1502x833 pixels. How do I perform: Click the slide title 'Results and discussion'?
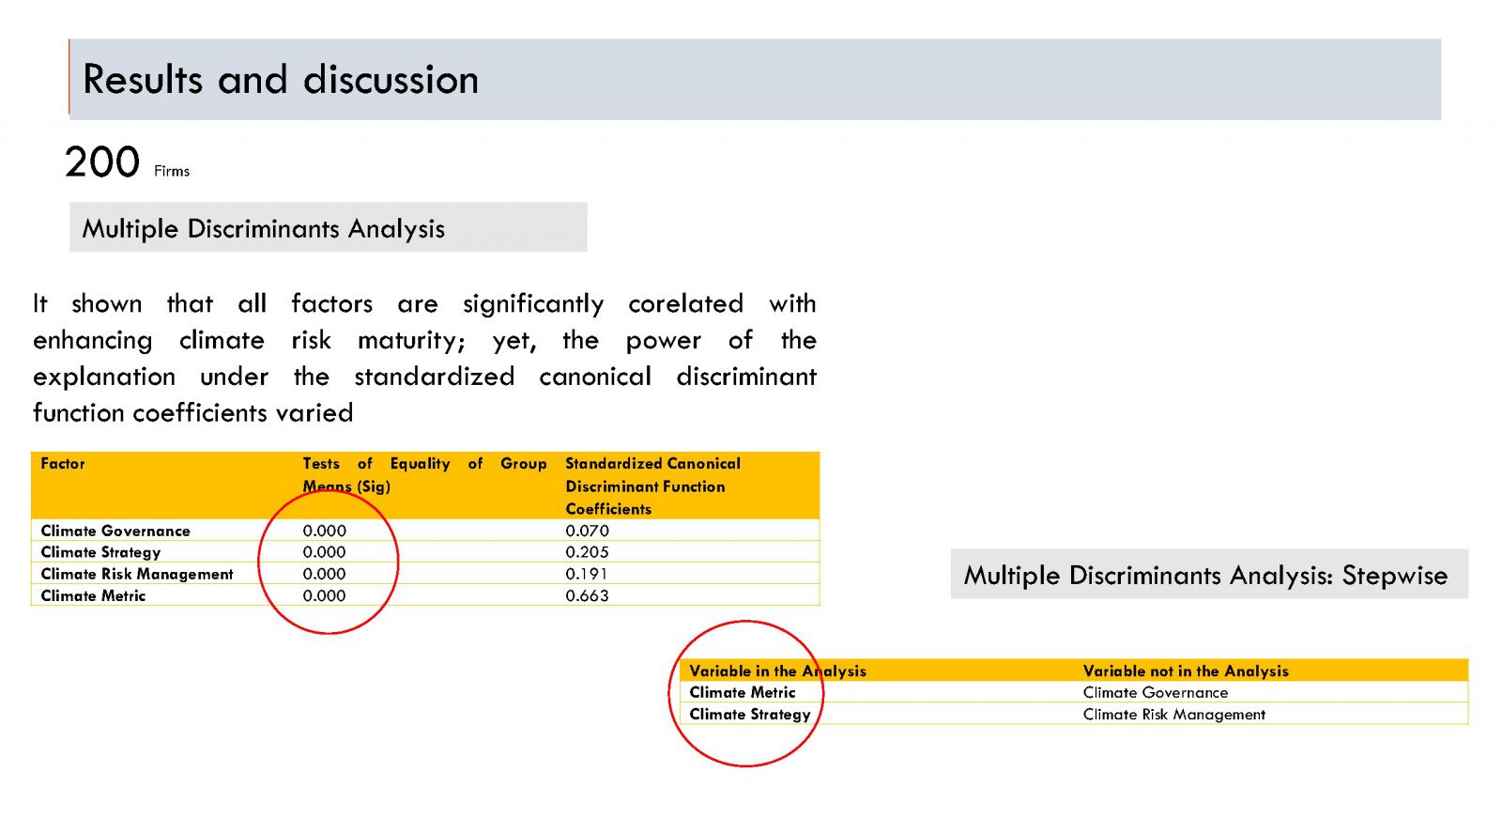pos(281,80)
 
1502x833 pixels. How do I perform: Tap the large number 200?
pos(102,162)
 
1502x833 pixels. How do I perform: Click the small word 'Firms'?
pos(172,171)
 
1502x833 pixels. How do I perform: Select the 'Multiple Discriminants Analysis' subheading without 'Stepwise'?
pos(263,229)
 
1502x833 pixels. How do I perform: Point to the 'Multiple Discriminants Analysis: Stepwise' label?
pos(1205,576)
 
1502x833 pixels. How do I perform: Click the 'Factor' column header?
pos(62,463)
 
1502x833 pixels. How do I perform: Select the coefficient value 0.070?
pos(587,531)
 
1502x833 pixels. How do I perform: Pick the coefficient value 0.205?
pos(587,552)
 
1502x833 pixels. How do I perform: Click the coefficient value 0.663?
pos(587,595)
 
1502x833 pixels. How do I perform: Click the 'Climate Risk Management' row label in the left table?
pos(137,574)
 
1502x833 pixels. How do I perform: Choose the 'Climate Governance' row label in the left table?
pos(115,531)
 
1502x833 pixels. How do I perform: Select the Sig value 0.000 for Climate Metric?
pos(324,595)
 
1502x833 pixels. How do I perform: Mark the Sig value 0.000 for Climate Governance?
pos(324,531)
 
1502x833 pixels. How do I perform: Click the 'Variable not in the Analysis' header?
pos(1186,671)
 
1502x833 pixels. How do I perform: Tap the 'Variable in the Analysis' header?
pos(778,671)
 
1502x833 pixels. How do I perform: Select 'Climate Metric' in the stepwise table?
pos(743,692)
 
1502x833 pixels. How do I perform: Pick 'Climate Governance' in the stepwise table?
pos(1156,692)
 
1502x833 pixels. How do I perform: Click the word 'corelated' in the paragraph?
pos(685,304)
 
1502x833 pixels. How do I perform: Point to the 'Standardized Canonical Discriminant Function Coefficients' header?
pos(652,486)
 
